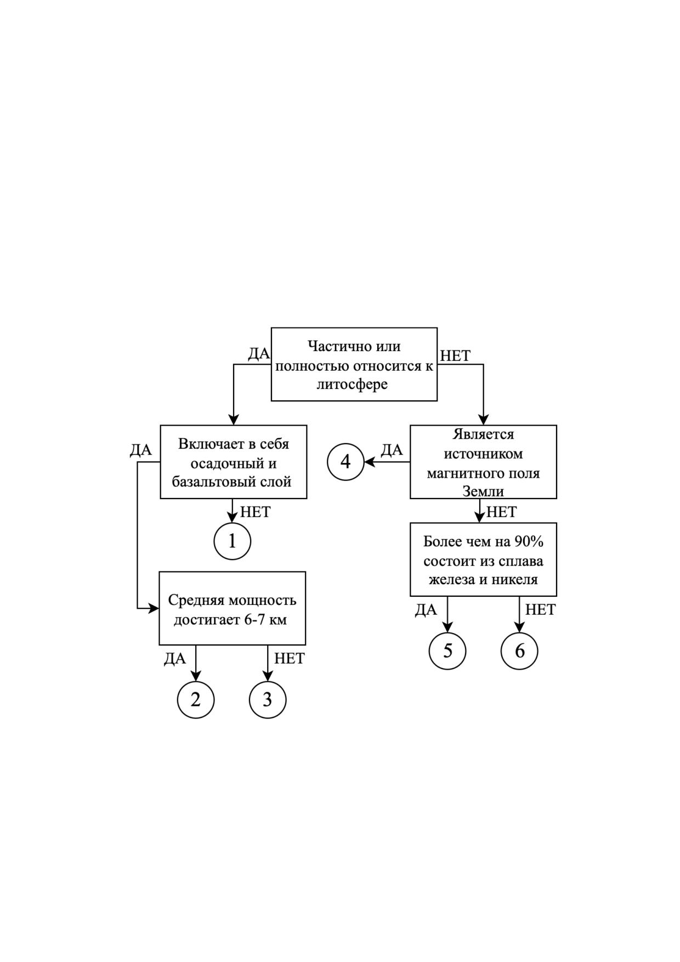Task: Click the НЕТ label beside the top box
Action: pos(455,356)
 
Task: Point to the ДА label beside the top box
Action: pos(259,354)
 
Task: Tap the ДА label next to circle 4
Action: pos(392,450)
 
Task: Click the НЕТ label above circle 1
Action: pos(256,512)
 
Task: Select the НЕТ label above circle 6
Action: pos(540,609)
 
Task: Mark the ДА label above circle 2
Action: pos(175,659)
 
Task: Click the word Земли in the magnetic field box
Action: pos(483,491)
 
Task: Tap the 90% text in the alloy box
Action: pos(529,541)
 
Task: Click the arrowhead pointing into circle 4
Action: pos(369,462)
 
